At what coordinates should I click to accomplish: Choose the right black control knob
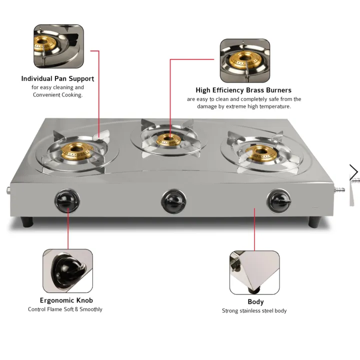coord(276,200)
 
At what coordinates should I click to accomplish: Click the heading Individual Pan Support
coord(57,78)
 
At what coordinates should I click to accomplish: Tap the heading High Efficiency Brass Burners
coord(243,90)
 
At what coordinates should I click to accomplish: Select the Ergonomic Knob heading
coord(66,300)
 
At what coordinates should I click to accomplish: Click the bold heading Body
coord(255,301)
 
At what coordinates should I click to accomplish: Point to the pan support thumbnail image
coord(58,46)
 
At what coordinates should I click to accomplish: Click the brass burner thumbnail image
coord(245,61)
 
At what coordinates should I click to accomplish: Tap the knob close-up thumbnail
coord(67,271)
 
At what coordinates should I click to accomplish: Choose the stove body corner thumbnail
coord(254,272)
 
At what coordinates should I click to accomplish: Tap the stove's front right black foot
coord(316,221)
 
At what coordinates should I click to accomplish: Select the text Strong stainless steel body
coord(254,311)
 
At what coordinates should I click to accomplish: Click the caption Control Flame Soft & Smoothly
coord(65,309)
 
